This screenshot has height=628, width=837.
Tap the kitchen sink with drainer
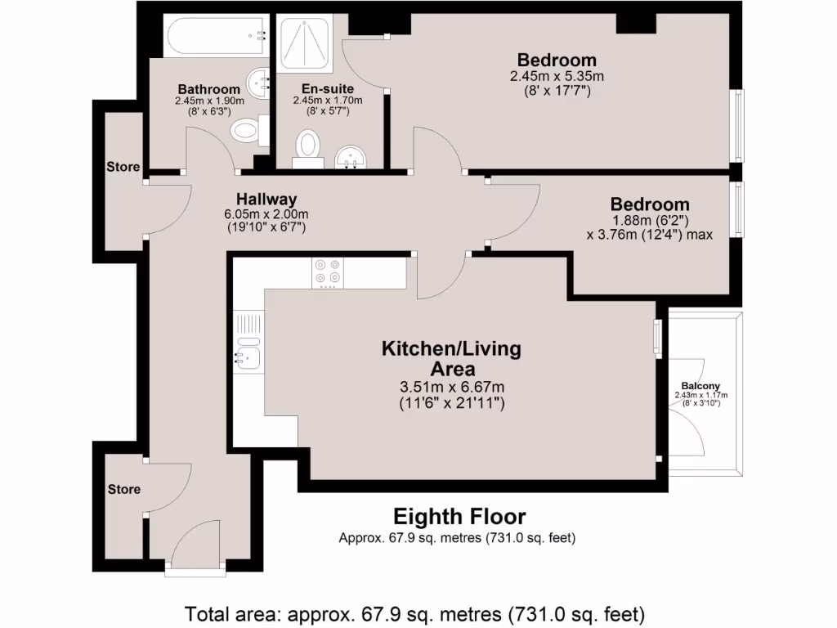coord(247,348)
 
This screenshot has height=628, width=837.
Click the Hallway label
coord(266,199)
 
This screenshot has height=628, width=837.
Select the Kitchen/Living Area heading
coord(451,358)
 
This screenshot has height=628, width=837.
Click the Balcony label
coord(700,386)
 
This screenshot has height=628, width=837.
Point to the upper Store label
coord(123,167)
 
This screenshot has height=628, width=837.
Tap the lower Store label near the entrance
coord(124,489)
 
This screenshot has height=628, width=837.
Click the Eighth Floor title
coord(459,517)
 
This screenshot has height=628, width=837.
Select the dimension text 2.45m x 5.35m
coord(557,76)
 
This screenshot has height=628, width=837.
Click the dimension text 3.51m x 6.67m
coord(451,387)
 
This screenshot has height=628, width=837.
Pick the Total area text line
coord(416,612)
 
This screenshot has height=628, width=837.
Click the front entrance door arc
coord(193,544)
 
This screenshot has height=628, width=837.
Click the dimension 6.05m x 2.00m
coord(266,214)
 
